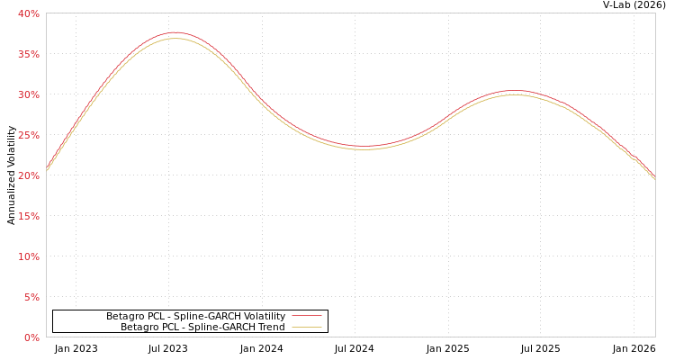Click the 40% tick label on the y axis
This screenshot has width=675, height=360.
pyautogui.click(x=29, y=13)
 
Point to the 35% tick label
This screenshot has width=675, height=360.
pyautogui.click(x=29, y=54)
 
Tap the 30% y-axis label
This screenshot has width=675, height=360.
pyautogui.click(x=29, y=94)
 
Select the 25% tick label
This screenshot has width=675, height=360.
pyautogui.click(x=29, y=135)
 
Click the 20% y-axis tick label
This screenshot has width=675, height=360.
pyautogui.click(x=29, y=175)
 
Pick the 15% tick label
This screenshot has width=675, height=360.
pyautogui.click(x=29, y=216)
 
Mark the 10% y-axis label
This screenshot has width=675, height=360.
pyautogui.click(x=29, y=256)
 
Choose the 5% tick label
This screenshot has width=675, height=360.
pyautogui.click(x=31, y=297)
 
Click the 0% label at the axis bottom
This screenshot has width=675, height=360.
pyautogui.click(x=31, y=337)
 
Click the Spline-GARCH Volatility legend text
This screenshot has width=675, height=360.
pyautogui.click(x=195, y=316)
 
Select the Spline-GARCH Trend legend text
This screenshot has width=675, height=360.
pyautogui.click(x=202, y=327)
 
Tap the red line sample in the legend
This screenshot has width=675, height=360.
pyautogui.click(x=306, y=316)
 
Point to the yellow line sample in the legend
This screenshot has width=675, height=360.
pyautogui.click(x=306, y=327)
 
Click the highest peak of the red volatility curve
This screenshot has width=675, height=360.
pyautogui.click(x=174, y=32)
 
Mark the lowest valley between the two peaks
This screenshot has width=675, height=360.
pyautogui.click(x=364, y=147)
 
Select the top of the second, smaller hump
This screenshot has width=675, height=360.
pyautogui.click(x=515, y=91)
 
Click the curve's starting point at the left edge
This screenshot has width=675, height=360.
pyautogui.click(x=47, y=169)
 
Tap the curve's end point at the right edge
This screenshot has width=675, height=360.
pyautogui.click(x=654, y=177)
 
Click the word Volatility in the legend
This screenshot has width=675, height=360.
pyautogui.click(x=263, y=316)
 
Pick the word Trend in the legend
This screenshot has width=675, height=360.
pyautogui.click(x=270, y=327)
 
